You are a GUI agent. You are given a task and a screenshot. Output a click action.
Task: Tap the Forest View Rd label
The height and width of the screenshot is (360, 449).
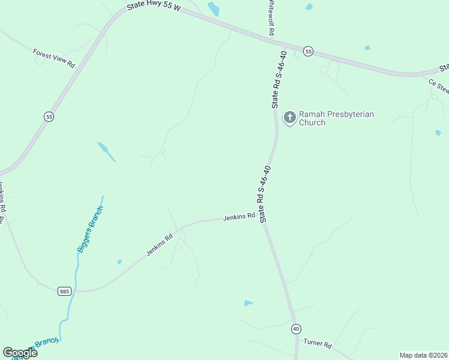point(53,58)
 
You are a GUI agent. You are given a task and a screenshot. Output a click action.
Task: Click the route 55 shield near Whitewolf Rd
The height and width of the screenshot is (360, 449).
point(308,52)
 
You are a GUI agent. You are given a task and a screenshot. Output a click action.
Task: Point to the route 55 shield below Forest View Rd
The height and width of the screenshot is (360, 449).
point(49,116)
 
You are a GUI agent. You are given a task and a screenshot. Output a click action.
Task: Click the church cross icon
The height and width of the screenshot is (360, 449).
point(290,118)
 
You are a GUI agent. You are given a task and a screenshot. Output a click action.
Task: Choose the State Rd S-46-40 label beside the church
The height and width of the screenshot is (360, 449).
point(279,79)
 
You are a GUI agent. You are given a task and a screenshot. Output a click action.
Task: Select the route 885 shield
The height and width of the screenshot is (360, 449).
point(65,291)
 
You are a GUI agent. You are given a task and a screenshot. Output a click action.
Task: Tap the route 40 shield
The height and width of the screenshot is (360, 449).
point(297,329)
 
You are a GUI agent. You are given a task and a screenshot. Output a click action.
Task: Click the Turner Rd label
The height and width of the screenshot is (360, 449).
point(318,344)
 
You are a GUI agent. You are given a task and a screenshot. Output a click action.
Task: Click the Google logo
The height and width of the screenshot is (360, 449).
point(20,352)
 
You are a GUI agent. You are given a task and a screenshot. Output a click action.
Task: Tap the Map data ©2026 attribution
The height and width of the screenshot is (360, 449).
point(423,355)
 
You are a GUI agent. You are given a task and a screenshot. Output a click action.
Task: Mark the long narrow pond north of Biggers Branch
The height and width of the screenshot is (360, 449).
point(106,151)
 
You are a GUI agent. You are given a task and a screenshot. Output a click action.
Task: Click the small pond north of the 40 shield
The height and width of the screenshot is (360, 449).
point(248,303)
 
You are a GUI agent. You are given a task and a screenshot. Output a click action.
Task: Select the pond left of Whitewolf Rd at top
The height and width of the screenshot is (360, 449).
point(214,8)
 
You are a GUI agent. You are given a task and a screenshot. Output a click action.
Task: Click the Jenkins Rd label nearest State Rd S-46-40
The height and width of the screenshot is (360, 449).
point(239,217)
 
